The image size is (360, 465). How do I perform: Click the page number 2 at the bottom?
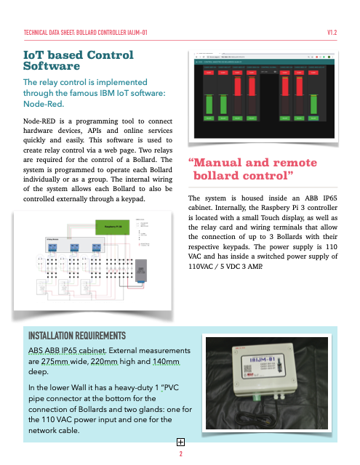[180, 454]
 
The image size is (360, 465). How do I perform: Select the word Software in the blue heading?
[52, 66]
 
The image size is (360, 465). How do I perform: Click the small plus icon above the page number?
[180, 442]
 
